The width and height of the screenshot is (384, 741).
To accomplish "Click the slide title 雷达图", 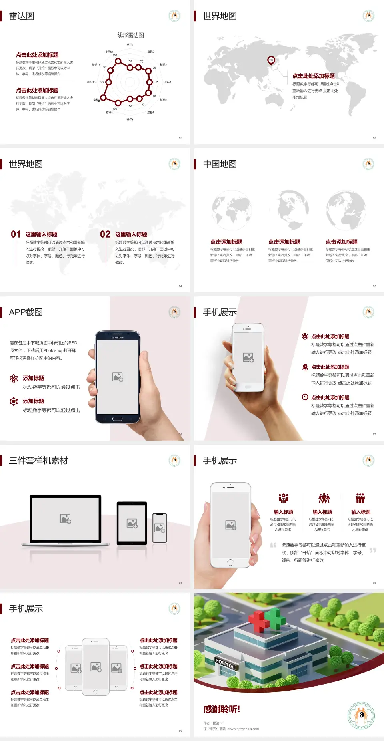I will pos(22,16).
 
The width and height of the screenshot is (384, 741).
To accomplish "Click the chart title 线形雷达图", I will pos(130,35).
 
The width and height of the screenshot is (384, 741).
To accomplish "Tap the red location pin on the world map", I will pos(271,60).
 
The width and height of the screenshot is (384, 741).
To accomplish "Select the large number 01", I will pos(16,234).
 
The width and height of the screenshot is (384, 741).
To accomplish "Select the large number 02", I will pos(105,234).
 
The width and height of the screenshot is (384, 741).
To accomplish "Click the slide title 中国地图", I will pos(220,164).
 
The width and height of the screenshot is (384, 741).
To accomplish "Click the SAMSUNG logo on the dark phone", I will pos(118,338).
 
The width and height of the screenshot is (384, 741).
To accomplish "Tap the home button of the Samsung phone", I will pos(117,419).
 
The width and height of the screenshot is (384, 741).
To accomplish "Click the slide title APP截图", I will pos(26,312).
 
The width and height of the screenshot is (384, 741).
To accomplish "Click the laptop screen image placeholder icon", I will pos(66,519).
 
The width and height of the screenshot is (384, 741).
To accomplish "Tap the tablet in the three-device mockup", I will pos(132,523).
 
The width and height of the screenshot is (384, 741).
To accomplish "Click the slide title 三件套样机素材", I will pos(38,461).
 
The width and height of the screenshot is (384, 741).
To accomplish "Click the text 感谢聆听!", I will pos(222,709).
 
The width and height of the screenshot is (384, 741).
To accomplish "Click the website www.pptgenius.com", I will pos(244,729).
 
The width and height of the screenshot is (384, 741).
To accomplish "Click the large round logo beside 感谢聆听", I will pos(361,715).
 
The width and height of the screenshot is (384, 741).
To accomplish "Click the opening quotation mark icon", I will pos(273,545).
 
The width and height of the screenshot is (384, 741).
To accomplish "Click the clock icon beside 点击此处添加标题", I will pos(305,397).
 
